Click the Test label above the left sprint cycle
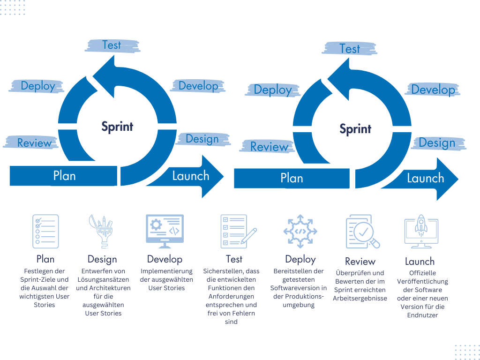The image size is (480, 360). click(x=112, y=45)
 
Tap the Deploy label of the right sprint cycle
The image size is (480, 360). click(x=273, y=90)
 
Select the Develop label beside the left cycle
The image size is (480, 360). click(x=198, y=86)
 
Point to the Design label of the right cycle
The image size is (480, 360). click(x=437, y=142)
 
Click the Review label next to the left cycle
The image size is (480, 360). click(x=34, y=142)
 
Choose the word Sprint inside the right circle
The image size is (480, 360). click(x=355, y=129)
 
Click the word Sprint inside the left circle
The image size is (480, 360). click(x=117, y=127)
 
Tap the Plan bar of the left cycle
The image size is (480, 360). click(x=64, y=176)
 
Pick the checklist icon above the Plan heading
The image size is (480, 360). click(x=45, y=231)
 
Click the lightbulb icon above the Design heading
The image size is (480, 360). click(x=101, y=231)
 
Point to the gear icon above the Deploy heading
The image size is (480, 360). click(x=300, y=231)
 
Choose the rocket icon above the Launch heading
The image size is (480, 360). click(x=420, y=232)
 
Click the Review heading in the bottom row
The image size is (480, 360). click(x=360, y=261)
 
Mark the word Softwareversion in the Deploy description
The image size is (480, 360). click(x=299, y=288)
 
